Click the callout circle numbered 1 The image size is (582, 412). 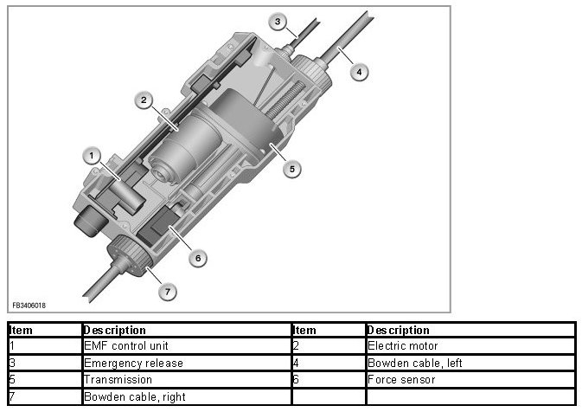pyautogui.click(x=90, y=155)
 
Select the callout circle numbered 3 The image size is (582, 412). pyautogui.click(x=278, y=21)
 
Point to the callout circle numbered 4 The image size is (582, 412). pyautogui.click(x=358, y=73)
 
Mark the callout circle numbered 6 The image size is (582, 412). pyautogui.click(x=198, y=257)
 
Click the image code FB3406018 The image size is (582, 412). pyautogui.click(x=29, y=305)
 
